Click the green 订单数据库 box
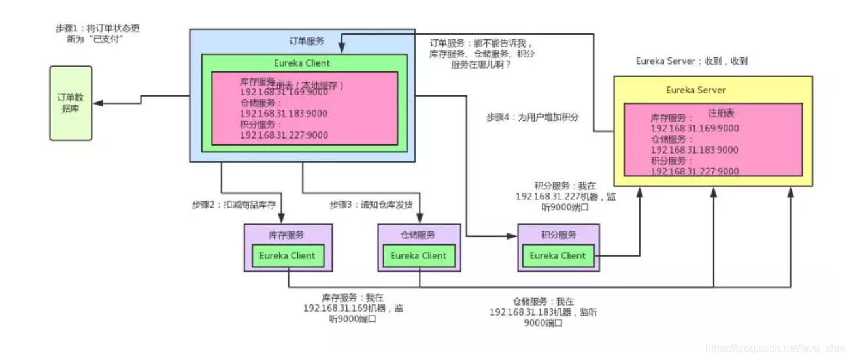tap(71, 103)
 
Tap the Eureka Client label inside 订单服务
tap(301, 63)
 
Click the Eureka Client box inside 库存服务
tap(287, 255)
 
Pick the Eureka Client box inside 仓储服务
tap(418, 255)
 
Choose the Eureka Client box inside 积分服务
tap(558, 255)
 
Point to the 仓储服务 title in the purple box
tap(418, 235)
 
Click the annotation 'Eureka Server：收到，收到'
tap(692, 61)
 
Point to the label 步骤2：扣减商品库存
tap(234, 205)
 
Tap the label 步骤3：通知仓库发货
tap(371, 205)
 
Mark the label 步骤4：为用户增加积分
tap(532, 117)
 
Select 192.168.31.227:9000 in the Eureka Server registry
tap(694, 171)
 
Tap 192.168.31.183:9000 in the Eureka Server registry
tap(694, 150)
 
